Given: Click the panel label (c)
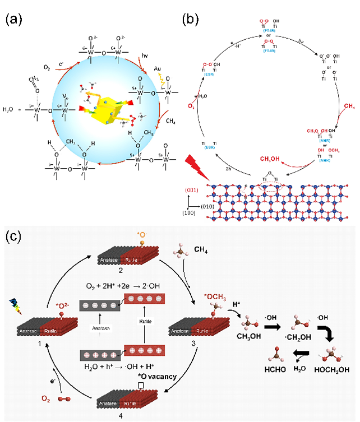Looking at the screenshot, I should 15,236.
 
